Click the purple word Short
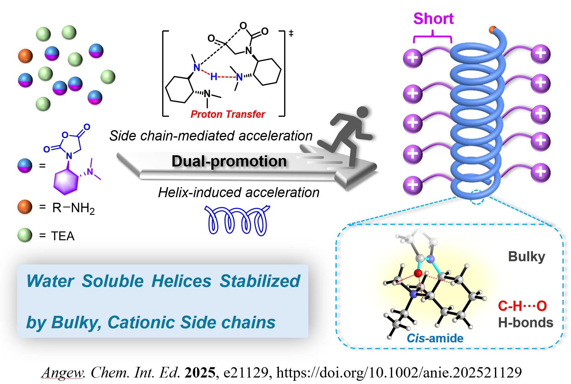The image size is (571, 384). click(x=433, y=19)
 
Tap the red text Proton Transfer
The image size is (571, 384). click(x=228, y=114)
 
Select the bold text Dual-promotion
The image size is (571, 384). click(x=229, y=161)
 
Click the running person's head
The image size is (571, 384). click(x=362, y=112)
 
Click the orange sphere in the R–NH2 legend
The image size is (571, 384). click(x=25, y=207)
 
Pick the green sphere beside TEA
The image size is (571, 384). click(x=25, y=235)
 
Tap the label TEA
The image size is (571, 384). click(x=63, y=236)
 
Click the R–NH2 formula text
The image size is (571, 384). click(x=73, y=208)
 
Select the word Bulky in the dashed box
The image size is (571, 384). click(x=526, y=256)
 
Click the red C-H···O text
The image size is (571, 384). click(x=522, y=306)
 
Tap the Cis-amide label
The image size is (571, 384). click(x=435, y=338)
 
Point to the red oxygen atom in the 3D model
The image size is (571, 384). click(x=418, y=273)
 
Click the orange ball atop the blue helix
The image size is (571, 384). click(x=492, y=30)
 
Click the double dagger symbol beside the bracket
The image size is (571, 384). click(x=291, y=33)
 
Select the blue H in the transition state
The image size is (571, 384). click(x=214, y=77)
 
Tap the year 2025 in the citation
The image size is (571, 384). click(x=200, y=372)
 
